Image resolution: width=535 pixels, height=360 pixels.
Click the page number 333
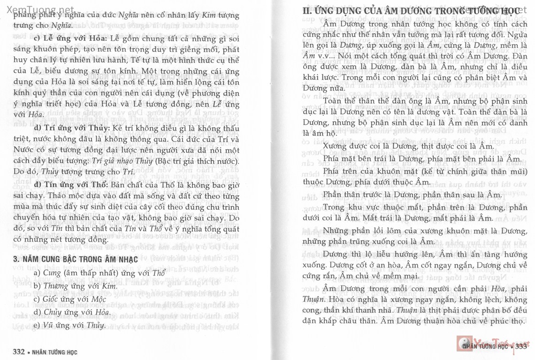pos(522,347)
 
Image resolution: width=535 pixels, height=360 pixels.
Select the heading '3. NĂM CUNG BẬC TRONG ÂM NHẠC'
pos(76,259)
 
